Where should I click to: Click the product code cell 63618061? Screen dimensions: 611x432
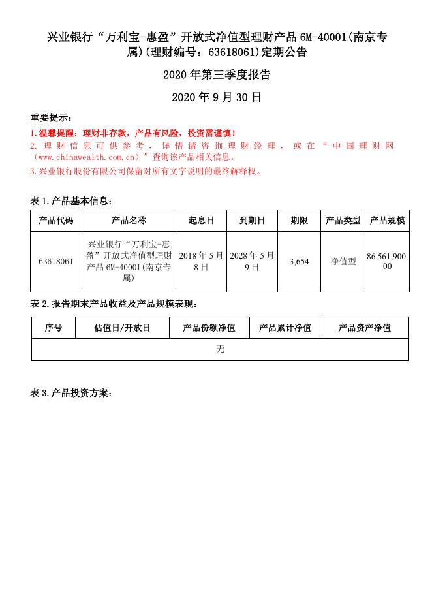coord(56,262)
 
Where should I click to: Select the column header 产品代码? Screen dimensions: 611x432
coord(56,221)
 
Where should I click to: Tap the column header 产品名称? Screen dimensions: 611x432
coord(129,221)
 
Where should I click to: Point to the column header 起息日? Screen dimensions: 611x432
coord(201,221)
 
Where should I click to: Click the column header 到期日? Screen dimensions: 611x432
coord(252,221)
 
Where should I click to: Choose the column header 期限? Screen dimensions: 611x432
coord(300,221)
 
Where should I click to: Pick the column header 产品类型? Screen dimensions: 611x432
coord(343,221)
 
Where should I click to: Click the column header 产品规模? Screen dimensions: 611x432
coord(388,221)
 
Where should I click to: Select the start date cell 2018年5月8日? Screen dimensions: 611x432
coord(201,262)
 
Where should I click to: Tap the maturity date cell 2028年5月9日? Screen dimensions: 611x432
coord(252,262)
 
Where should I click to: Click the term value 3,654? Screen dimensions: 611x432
coord(300,262)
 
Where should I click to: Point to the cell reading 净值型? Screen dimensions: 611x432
coord(343,262)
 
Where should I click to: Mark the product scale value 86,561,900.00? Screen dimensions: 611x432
coord(388,262)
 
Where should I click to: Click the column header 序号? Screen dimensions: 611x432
coord(54,328)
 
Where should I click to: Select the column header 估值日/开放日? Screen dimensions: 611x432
coord(122,328)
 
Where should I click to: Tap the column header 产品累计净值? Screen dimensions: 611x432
coord(285,328)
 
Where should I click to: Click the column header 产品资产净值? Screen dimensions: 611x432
coord(365,328)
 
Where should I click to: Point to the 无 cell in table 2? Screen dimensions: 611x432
coord(220,349)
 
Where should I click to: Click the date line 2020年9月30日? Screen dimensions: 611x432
coord(216,97)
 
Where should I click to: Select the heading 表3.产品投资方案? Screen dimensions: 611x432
coord(72,393)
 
